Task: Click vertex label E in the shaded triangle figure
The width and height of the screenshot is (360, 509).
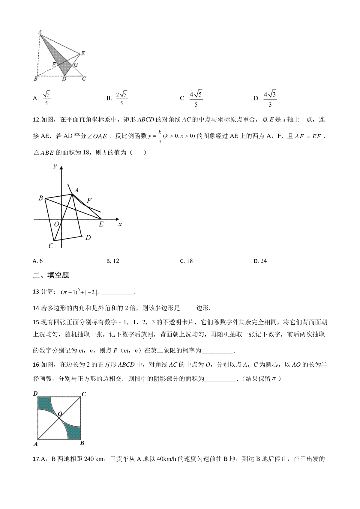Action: pos(83,53)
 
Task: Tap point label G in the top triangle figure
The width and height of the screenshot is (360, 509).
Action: pos(76,65)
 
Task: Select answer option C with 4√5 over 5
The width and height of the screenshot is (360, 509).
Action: pos(192,99)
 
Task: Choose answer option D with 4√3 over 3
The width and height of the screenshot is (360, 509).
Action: pos(265,99)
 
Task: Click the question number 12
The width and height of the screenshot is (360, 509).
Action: pos(36,120)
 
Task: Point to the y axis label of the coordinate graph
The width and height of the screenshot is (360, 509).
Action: pos(55,166)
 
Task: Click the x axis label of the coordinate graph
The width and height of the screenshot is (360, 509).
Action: pos(120,224)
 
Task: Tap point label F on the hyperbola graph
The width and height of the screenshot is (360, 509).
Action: pos(89,201)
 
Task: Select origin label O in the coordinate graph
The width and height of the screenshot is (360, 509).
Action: pos(56,224)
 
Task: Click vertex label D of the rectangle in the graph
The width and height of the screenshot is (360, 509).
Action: pos(88,238)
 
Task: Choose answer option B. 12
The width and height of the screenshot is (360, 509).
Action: pos(113,261)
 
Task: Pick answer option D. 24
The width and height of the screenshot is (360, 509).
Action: pos(260,261)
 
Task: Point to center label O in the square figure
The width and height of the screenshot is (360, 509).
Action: pos(60,414)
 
